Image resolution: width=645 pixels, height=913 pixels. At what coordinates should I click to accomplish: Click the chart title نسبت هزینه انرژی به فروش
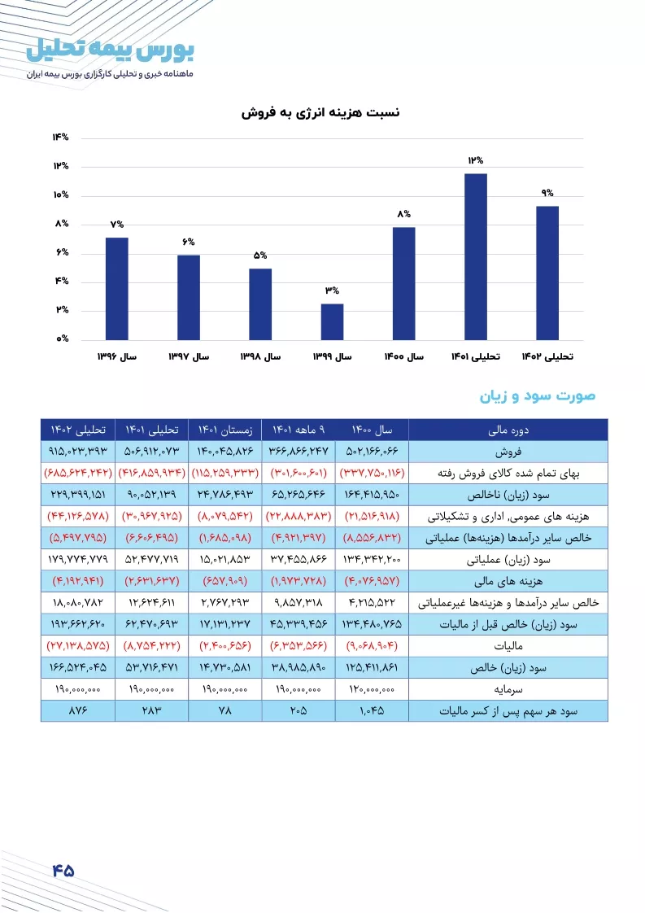pyautogui.click(x=320, y=112)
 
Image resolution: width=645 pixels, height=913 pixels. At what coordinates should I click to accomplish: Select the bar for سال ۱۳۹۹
pyautogui.click(x=332, y=321)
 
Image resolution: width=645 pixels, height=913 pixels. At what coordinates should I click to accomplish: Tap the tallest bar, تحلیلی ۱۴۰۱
pyautogui.click(x=476, y=257)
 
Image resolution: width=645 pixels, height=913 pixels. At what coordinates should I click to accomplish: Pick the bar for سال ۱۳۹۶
pyautogui.click(x=117, y=289)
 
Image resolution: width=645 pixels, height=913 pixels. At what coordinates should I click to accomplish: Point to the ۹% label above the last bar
pyautogui.click(x=547, y=193)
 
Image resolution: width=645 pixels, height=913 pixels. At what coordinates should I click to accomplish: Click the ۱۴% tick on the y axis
pyautogui.click(x=60, y=137)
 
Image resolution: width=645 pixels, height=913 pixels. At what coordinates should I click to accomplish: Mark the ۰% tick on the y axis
pyautogui.click(x=63, y=339)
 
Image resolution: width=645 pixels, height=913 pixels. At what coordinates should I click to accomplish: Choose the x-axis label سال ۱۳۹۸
pyautogui.click(x=260, y=356)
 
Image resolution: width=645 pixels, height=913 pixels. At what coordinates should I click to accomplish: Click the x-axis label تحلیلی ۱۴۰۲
pyautogui.click(x=547, y=356)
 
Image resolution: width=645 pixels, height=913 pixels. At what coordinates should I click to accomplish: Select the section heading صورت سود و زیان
pyautogui.click(x=538, y=396)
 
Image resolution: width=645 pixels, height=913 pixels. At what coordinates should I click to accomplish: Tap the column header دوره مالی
pyautogui.click(x=508, y=430)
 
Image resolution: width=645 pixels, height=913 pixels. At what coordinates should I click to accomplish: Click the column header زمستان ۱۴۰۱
pyautogui.click(x=225, y=430)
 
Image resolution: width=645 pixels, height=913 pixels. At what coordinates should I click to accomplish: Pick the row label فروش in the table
pyautogui.click(x=508, y=452)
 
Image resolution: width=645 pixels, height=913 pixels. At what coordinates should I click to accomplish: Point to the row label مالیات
pyautogui.click(x=508, y=646)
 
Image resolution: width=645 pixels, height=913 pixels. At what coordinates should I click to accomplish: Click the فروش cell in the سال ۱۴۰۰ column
pyautogui.click(x=372, y=452)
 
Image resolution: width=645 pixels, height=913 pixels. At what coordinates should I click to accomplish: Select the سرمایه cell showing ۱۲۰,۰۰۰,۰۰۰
pyautogui.click(x=372, y=689)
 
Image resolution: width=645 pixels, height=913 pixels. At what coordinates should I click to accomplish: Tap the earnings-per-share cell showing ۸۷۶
pyautogui.click(x=78, y=710)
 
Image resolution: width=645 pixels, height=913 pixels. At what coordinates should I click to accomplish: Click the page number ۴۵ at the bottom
pyautogui.click(x=63, y=871)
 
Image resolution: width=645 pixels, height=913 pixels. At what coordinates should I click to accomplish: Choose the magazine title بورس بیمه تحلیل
pyautogui.click(x=110, y=50)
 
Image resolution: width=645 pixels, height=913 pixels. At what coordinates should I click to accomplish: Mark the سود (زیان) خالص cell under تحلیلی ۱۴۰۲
pyautogui.click(x=78, y=667)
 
